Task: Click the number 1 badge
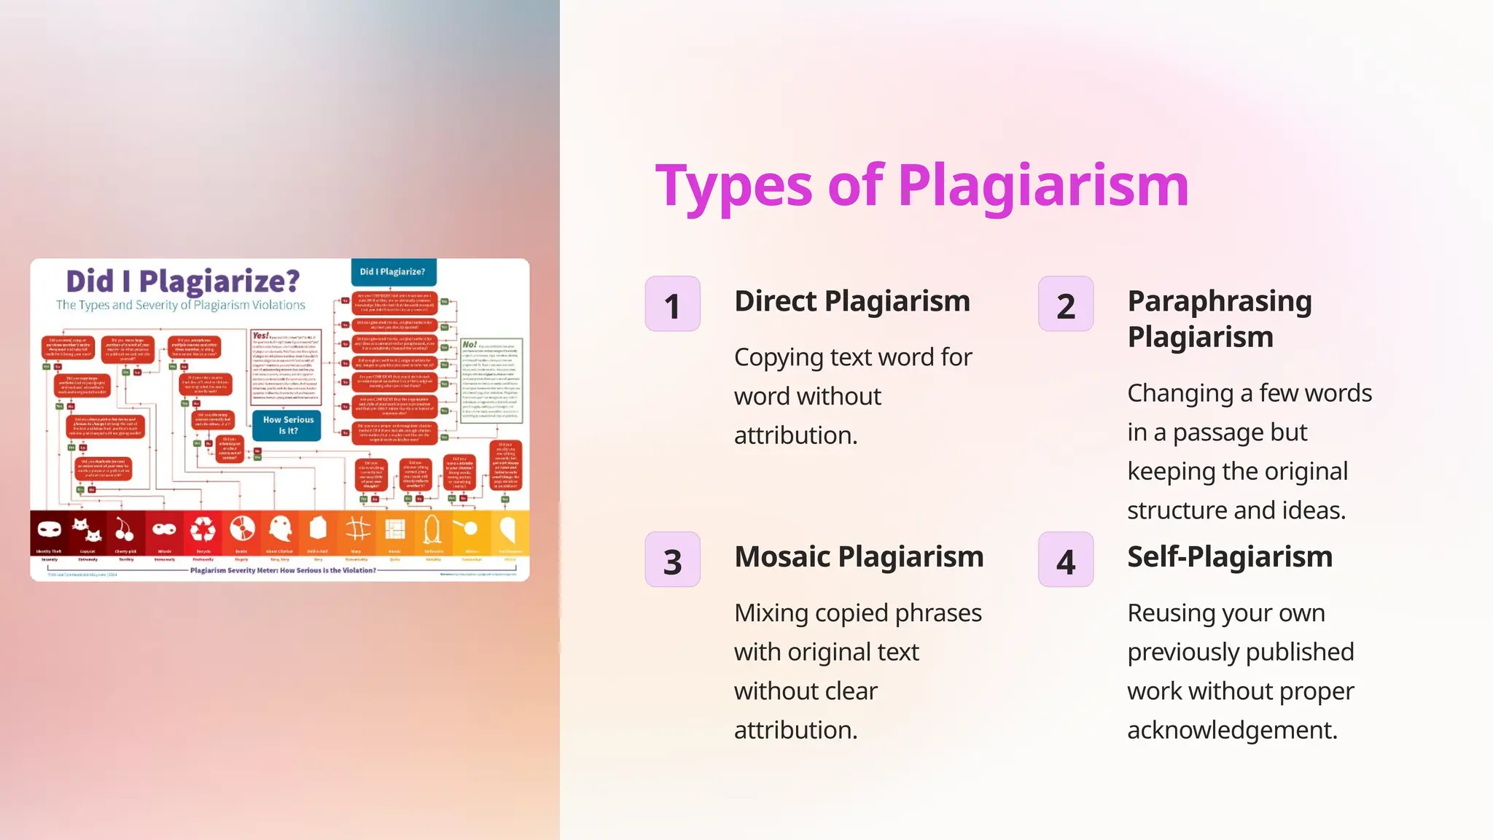tap(672, 304)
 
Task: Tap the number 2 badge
tap(1065, 304)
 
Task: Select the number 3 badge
tap(672, 560)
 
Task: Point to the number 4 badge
tap(1065, 560)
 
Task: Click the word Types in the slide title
tap(733, 187)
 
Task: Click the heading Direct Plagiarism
tap(851, 301)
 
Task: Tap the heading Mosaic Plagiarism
tap(858, 557)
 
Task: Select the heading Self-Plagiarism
tap(1229, 557)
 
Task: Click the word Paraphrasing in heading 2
tap(1219, 301)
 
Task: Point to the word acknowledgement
tap(1232, 730)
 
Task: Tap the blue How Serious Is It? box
tap(287, 425)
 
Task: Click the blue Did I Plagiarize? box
tap(393, 271)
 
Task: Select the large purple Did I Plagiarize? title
tap(183, 281)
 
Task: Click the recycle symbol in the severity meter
tap(203, 529)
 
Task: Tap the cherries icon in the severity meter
tap(125, 529)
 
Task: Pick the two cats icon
tap(87, 529)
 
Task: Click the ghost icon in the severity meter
tap(279, 529)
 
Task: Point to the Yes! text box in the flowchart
tap(286, 367)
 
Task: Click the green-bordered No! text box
tap(491, 380)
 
